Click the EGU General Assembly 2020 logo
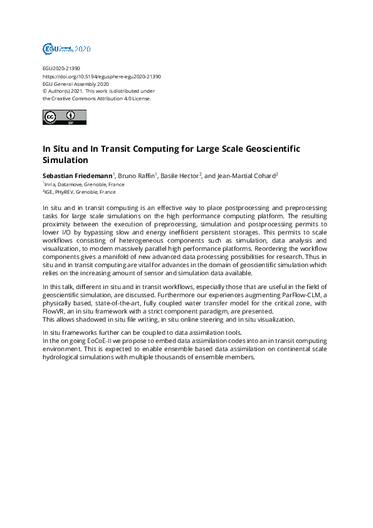coord(66,48)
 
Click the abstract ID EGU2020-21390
coord(61,68)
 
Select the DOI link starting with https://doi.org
coord(102,76)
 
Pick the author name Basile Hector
coord(179,176)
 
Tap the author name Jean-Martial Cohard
coord(245,176)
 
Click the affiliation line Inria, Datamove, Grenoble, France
coord(84,184)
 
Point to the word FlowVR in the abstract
coord(56,312)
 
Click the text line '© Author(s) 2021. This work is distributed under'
coord(98,91)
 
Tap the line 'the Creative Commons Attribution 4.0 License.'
coord(97,98)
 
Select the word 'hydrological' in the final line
coord(63,357)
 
